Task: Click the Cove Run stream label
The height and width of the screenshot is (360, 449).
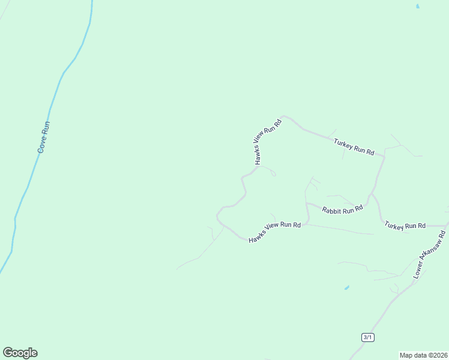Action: tap(43, 137)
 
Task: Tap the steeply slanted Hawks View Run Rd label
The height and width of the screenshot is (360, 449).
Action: tap(268, 142)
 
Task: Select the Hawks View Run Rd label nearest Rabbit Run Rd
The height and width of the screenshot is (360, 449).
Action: tap(274, 231)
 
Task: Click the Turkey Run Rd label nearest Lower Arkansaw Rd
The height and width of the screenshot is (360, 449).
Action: tap(405, 226)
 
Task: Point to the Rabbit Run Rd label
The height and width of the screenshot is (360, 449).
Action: tap(342, 209)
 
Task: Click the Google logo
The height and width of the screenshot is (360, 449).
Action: tap(20, 352)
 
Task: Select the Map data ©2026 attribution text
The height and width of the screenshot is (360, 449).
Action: tap(423, 355)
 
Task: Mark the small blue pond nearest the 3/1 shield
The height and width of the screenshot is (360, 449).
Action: tap(346, 288)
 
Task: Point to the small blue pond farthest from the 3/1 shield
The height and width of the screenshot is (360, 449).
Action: tap(417, 7)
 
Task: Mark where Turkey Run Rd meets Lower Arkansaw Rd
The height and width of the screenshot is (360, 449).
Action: tap(445, 227)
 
